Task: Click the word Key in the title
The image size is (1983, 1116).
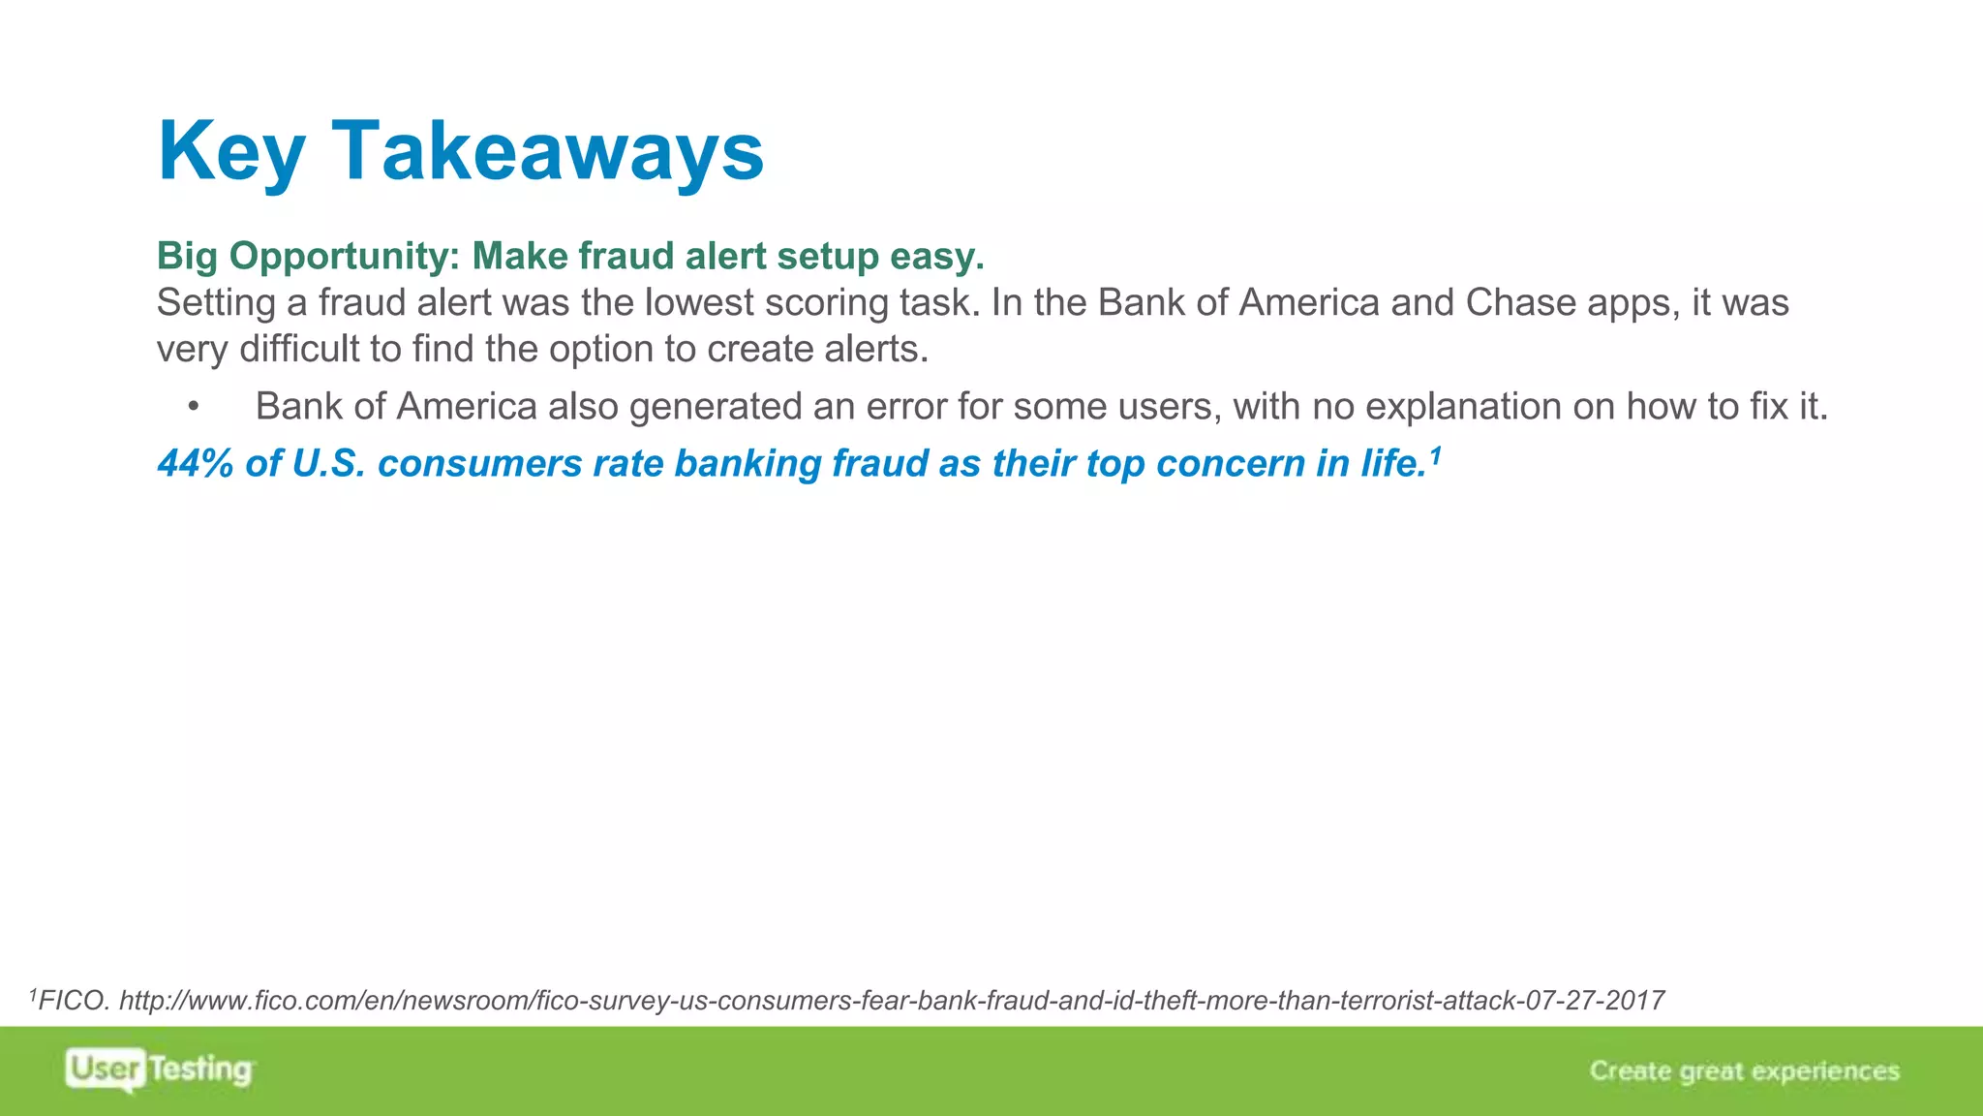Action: [230, 152]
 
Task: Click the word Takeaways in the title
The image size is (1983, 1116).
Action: [547, 152]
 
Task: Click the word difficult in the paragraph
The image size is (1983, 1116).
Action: [299, 350]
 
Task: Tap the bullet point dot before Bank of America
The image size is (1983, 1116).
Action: [194, 408]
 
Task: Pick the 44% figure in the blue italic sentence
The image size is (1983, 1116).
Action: [196, 464]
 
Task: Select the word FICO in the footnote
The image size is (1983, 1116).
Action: [74, 1001]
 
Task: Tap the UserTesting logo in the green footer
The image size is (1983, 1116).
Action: [160, 1069]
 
